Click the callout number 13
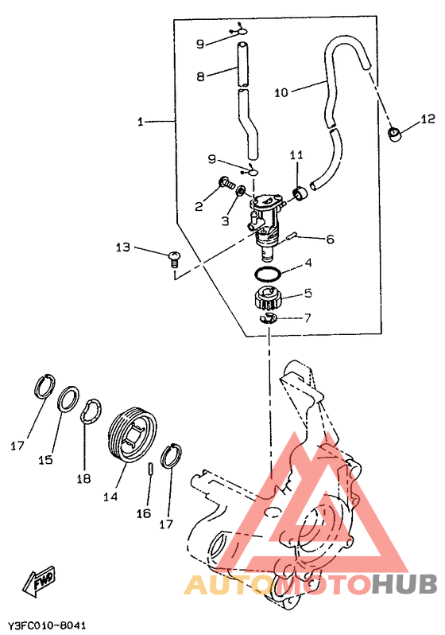[123, 247]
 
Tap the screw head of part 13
[175, 255]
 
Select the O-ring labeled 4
[268, 275]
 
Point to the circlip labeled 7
[268, 318]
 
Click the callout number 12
[428, 119]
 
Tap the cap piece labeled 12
[395, 134]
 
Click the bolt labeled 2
[226, 184]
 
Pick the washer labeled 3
[241, 190]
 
